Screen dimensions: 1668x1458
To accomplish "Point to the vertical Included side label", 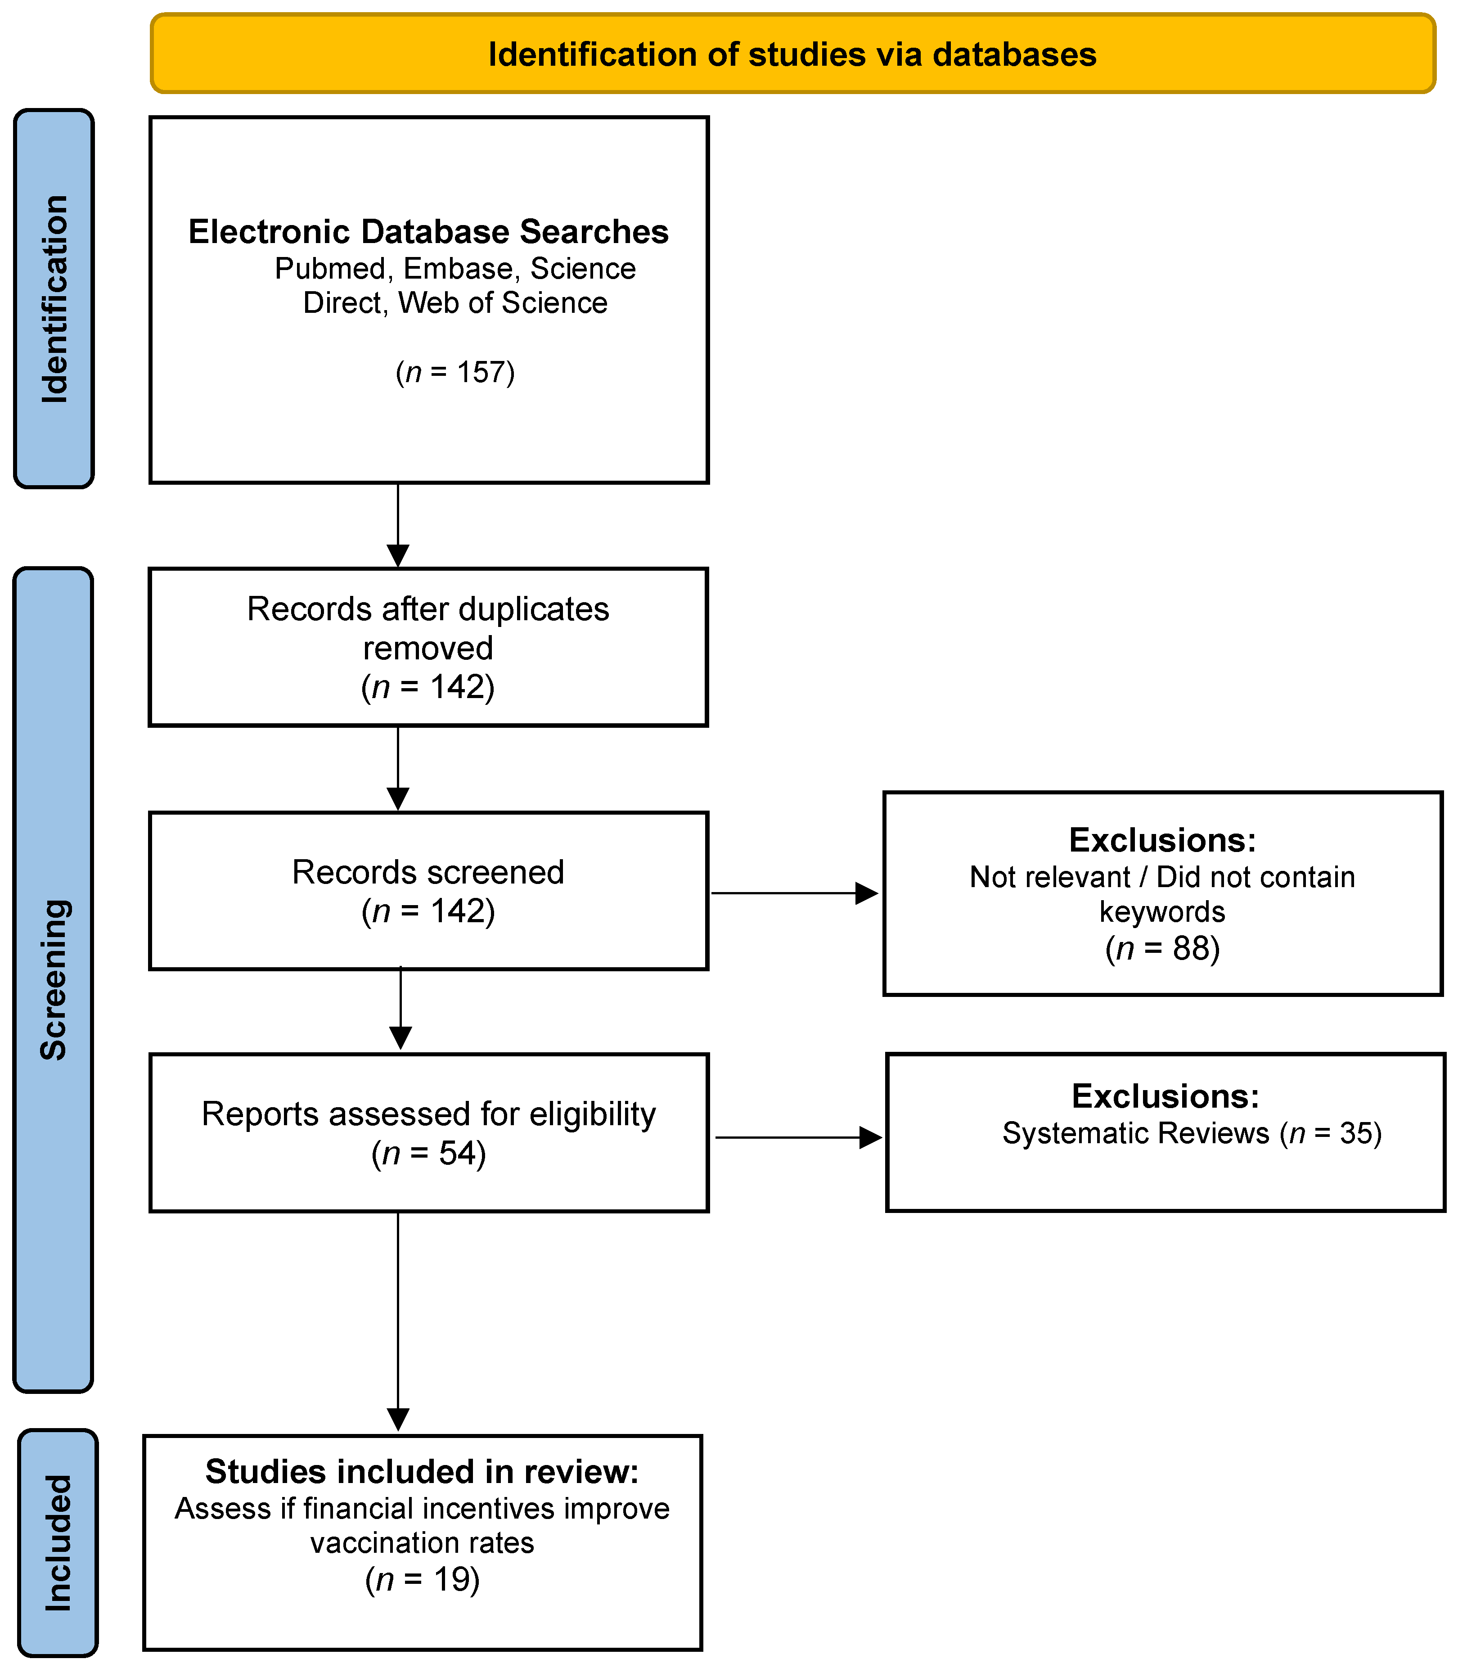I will [58, 1543].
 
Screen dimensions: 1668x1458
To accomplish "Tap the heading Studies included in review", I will [422, 1471].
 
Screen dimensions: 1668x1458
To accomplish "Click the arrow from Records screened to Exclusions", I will [794, 893].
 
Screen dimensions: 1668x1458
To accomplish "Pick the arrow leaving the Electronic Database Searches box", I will [398, 525].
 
